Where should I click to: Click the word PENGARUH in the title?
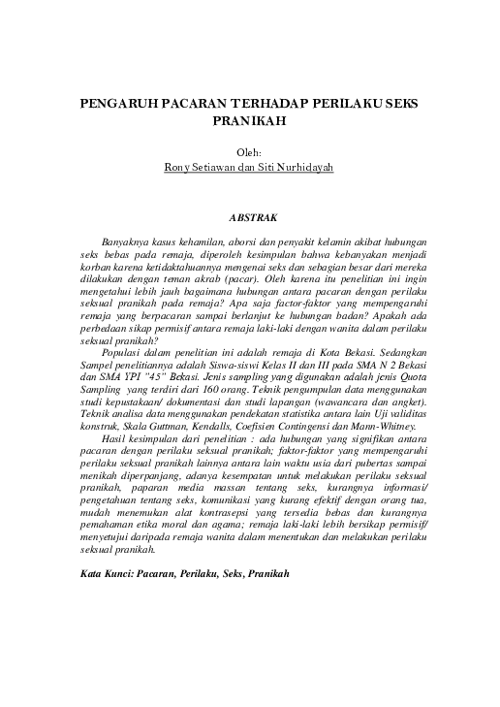(x=114, y=102)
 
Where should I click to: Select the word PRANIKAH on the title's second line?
(x=250, y=122)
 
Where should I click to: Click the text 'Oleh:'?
(x=250, y=151)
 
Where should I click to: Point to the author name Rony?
(x=180, y=167)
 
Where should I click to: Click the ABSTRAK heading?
(x=250, y=220)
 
